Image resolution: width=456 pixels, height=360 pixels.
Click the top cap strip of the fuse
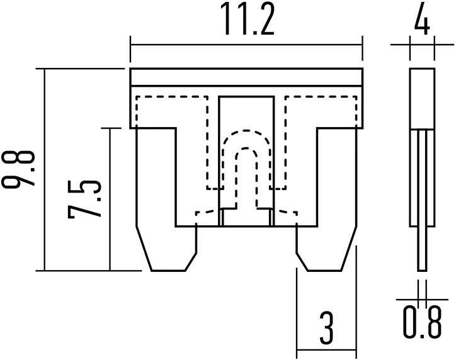pyautogui.click(x=246, y=77)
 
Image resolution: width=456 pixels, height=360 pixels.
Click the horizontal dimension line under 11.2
pyautogui.click(x=246, y=44)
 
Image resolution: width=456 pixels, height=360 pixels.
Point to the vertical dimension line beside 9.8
pyautogui.click(x=44, y=170)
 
